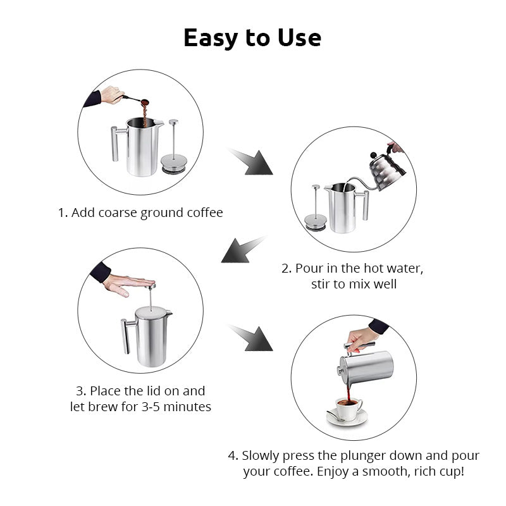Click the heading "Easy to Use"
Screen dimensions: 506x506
[x=252, y=39]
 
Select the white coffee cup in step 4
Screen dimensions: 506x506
[x=349, y=409]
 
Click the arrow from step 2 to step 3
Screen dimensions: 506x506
[x=244, y=249]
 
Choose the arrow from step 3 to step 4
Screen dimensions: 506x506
[x=251, y=338]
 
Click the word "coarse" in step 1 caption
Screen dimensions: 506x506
[x=117, y=213]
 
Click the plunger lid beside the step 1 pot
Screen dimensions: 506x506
[x=173, y=147]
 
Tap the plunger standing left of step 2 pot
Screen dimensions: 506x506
[x=316, y=208]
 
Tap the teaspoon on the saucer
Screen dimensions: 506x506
[x=336, y=416]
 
